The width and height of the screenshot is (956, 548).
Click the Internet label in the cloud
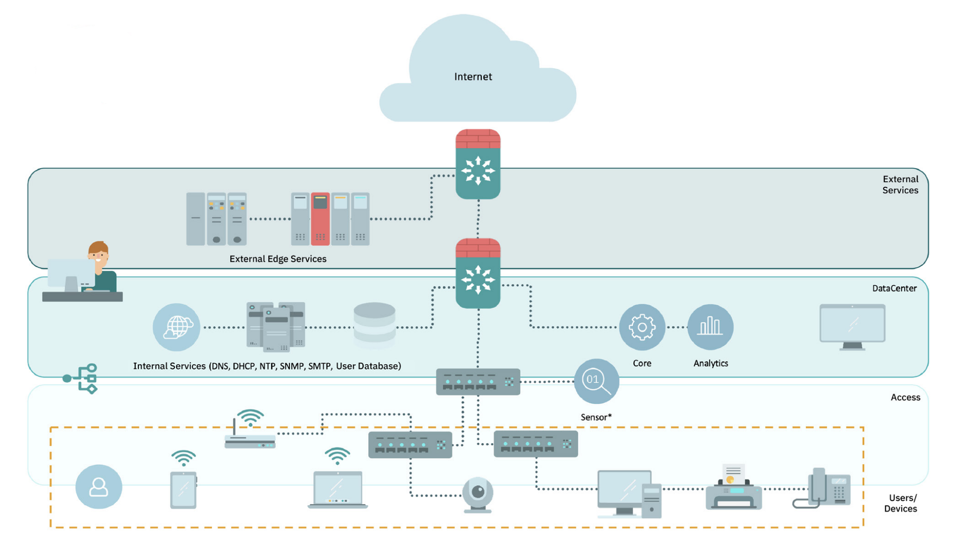coord(473,77)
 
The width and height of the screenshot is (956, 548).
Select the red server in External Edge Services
coord(320,219)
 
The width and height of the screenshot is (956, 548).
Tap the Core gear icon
coord(642,327)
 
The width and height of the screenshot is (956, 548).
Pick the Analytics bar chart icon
coord(710,327)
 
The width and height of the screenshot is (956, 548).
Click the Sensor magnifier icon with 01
coord(596,381)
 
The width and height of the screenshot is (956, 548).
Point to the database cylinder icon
coord(374,325)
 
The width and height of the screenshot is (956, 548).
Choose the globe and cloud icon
coord(176,327)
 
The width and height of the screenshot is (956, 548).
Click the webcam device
coord(478,494)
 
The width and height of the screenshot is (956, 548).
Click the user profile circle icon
coord(99,486)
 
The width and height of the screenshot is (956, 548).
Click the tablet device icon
coord(183,489)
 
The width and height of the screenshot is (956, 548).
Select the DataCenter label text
coord(894,288)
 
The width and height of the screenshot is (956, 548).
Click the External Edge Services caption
coord(278,259)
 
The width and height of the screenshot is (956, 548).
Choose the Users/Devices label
coord(900,503)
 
